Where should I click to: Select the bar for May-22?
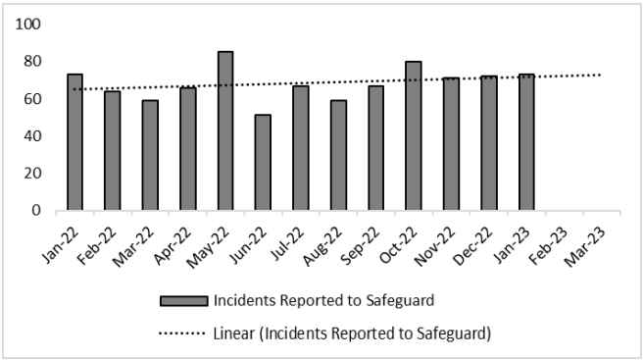pos(225,130)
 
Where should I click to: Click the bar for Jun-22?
pos(263,162)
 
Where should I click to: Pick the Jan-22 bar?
pos(74,141)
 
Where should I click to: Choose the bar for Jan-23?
pos(526,141)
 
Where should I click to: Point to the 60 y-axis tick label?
pos(32,98)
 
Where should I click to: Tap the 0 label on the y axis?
pos(36,210)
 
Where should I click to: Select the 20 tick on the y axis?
pos(32,173)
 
